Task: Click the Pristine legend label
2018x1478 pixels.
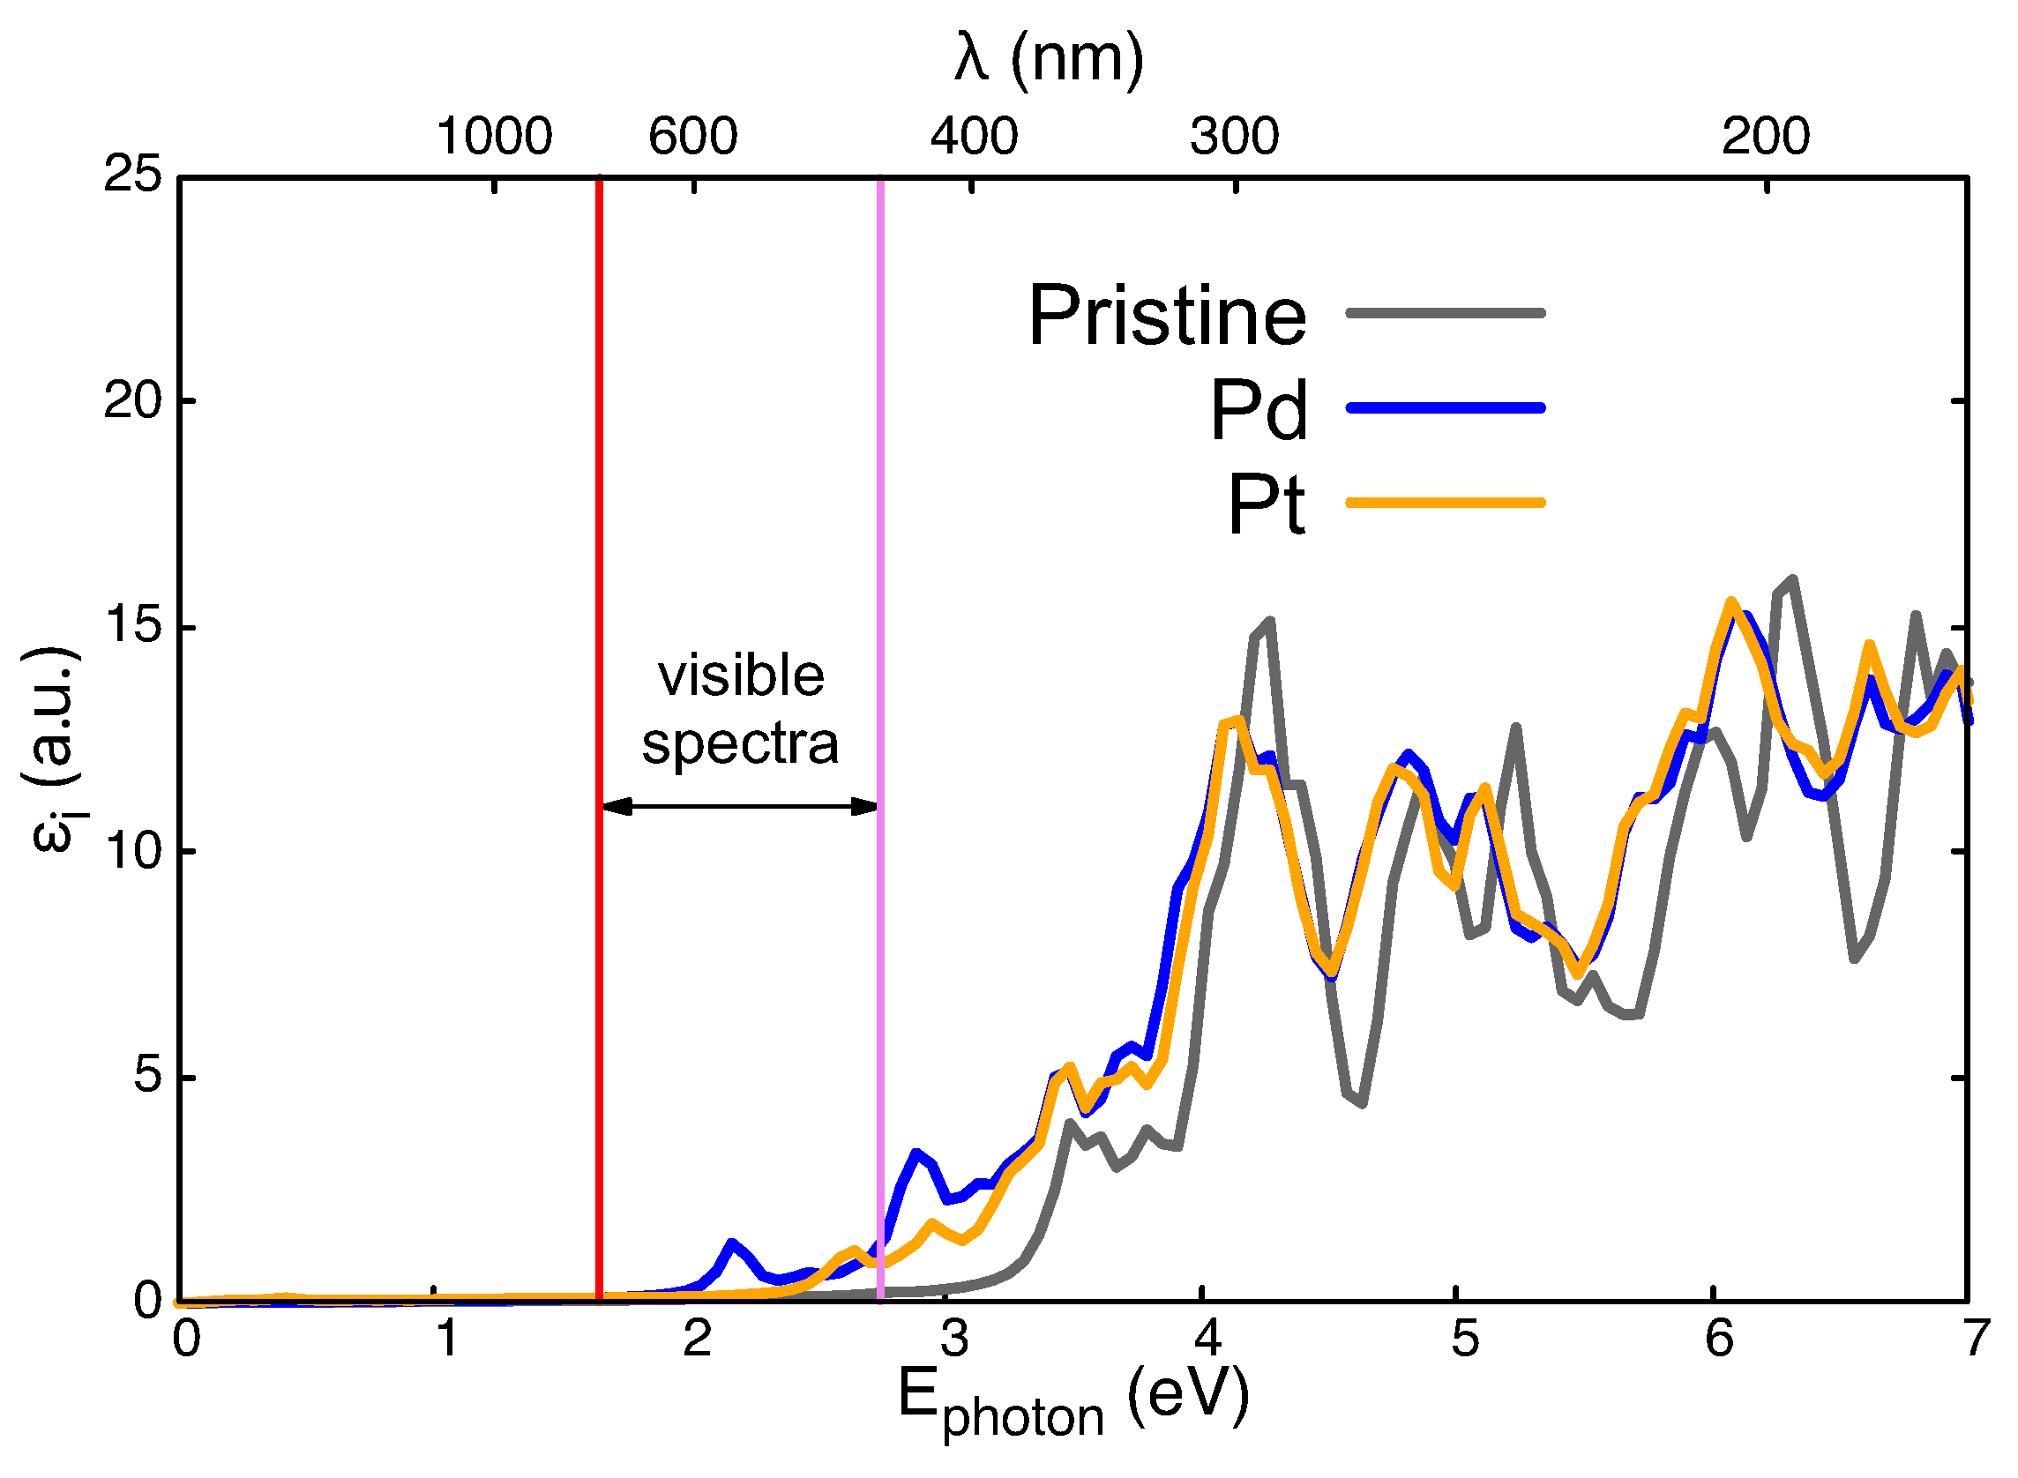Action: [1167, 316]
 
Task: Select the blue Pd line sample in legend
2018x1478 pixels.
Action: [1445, 408]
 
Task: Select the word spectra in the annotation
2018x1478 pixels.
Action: [740, 743]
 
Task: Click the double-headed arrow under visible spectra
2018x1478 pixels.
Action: [740, 807]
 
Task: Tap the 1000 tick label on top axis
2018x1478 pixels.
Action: [494, 137]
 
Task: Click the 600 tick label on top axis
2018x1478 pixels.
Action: [692, 137]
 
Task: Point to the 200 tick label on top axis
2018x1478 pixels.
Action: [1765, 137]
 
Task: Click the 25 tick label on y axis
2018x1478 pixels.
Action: [132, 174]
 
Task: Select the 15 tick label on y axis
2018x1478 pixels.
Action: [132, 625]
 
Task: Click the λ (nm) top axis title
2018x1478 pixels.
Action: [1049, 59]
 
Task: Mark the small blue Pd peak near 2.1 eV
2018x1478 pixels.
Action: [732, 1244]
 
